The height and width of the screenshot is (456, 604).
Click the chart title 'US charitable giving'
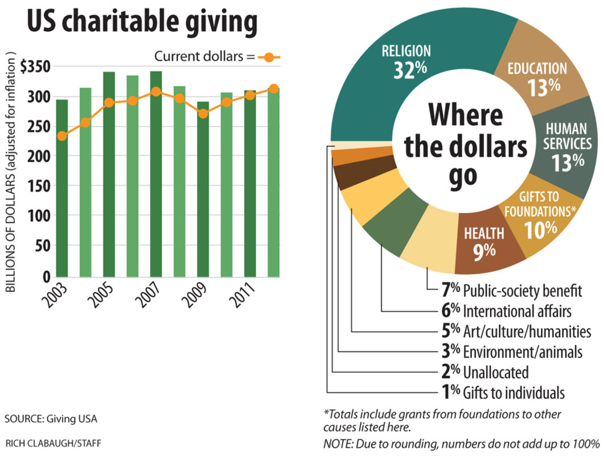141,23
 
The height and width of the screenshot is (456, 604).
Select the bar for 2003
61,188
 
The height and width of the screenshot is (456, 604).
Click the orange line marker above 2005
108,103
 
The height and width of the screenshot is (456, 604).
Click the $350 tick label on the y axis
35,67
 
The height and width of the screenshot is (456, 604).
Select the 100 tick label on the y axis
41,216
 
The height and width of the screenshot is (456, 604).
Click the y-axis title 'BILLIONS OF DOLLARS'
11,171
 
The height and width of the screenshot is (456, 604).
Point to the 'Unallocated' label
496,372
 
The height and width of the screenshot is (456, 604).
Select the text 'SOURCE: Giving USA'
51,419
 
